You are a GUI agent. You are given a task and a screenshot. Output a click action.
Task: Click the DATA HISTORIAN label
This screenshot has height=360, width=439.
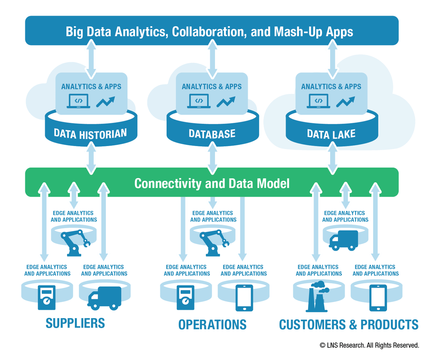[90, 134]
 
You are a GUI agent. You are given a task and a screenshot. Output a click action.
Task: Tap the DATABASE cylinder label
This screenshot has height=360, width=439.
[212, 134]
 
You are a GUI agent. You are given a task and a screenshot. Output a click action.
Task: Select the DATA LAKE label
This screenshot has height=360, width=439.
[331, 134]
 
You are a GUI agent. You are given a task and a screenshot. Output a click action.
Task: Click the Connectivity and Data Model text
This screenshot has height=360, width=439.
[212, 183]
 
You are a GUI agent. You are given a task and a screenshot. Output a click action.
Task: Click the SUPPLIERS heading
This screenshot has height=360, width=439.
[76, 323]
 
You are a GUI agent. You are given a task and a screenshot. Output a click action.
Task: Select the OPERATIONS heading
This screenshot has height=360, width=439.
[212, 324]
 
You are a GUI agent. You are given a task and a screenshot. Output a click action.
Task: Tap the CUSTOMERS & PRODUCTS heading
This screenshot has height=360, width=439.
[349, 324]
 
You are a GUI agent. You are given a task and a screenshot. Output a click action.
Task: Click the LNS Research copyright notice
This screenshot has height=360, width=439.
[369, 345]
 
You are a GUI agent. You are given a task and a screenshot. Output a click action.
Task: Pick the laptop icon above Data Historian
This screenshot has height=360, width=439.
[78, 101]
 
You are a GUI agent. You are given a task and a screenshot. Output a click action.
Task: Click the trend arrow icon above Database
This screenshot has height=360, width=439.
[226, 101]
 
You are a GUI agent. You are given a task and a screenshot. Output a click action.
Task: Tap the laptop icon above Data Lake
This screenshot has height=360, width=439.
[319, 101]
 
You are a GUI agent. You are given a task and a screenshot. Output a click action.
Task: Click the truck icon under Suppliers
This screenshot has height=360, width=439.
[104, 297]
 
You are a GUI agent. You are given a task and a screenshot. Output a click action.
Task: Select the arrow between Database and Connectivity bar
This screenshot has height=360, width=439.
[212, 158]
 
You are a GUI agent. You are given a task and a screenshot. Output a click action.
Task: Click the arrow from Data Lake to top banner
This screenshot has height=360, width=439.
[332, 59]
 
